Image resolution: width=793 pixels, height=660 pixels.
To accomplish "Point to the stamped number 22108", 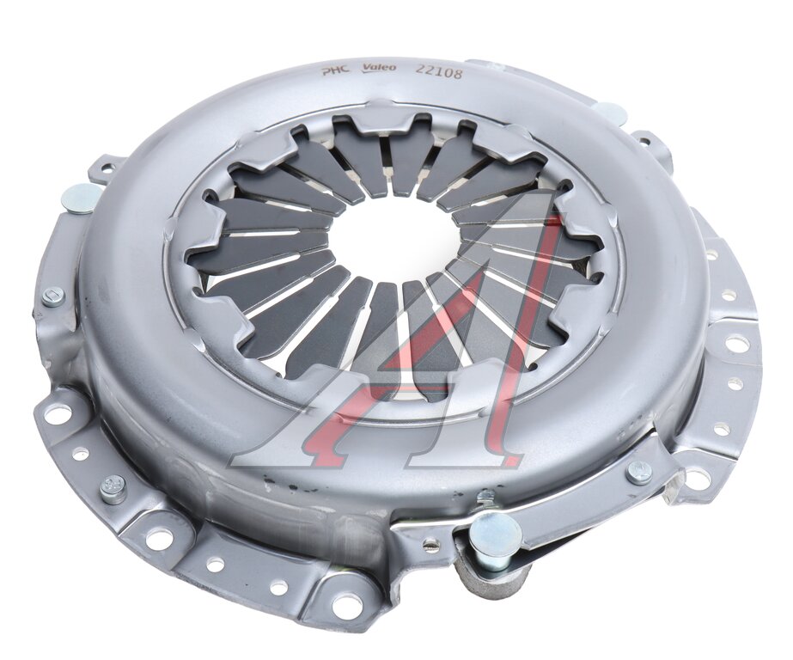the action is coord(437,72).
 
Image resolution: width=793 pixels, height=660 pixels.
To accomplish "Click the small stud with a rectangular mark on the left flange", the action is coord(52,294).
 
